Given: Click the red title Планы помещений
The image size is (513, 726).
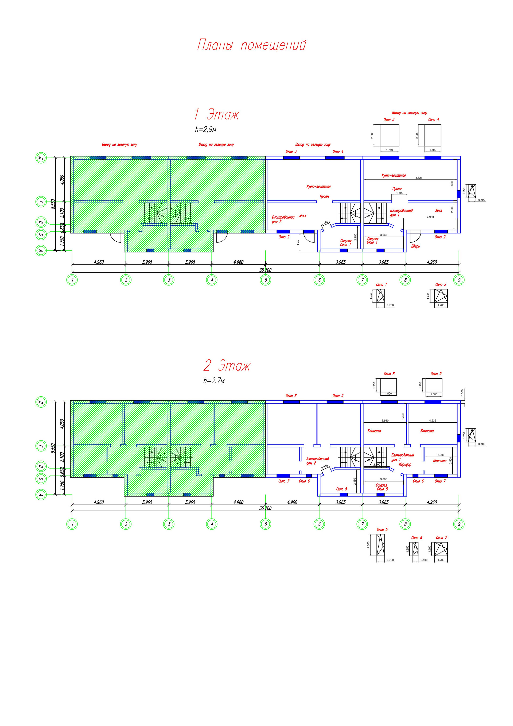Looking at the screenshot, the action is click(x=252, y=45).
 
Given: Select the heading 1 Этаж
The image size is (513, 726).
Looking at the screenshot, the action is click(x=217, y=114).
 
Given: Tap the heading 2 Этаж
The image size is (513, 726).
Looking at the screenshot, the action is click(x=227, y=366).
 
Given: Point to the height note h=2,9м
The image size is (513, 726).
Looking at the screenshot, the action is click(x=206, y=129).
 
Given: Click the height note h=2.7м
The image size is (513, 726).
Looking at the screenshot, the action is click(x=214, y=381).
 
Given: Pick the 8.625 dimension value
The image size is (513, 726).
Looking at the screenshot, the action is click(x=418, y=178).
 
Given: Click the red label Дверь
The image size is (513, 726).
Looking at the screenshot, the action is click(x=415, y=246).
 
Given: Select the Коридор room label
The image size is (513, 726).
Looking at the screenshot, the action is click(x=405, y=465).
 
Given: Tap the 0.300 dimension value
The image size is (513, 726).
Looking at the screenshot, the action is click(x=463, y=392).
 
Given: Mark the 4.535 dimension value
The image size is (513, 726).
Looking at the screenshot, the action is click(x=432, y=420).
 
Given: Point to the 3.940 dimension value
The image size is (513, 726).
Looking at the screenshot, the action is click(x=385, y=420).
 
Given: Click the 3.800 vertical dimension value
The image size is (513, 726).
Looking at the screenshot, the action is click(x=452, y=185).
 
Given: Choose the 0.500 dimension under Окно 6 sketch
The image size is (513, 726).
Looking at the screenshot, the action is click(x=424, y=560).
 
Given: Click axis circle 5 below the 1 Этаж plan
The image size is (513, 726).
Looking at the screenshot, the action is click(x=266, y=280).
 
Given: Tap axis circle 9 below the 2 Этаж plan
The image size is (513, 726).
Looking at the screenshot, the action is click(x=459, y=524).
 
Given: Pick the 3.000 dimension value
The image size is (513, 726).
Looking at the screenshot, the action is click(x=441, y=455).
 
